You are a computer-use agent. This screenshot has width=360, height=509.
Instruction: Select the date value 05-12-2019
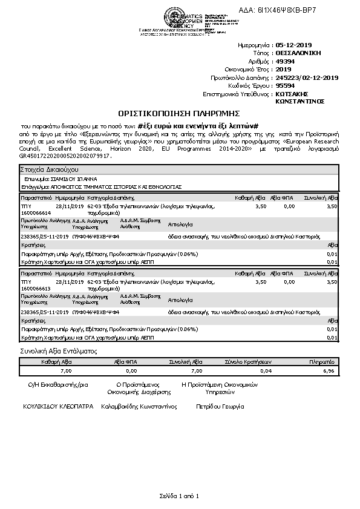tap(292, 45)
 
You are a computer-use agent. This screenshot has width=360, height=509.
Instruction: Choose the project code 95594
tap(284, 86)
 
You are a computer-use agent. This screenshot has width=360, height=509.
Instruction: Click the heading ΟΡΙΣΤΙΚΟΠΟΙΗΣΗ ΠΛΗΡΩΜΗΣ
tap(179, 113)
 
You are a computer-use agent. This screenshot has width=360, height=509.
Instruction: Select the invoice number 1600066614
tap(37, 213)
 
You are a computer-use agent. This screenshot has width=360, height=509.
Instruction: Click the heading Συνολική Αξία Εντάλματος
tap(59, 351)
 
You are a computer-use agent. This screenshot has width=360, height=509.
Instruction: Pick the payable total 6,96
tap(329, 370)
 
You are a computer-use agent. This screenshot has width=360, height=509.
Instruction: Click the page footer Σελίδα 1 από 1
tap(179, 496)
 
